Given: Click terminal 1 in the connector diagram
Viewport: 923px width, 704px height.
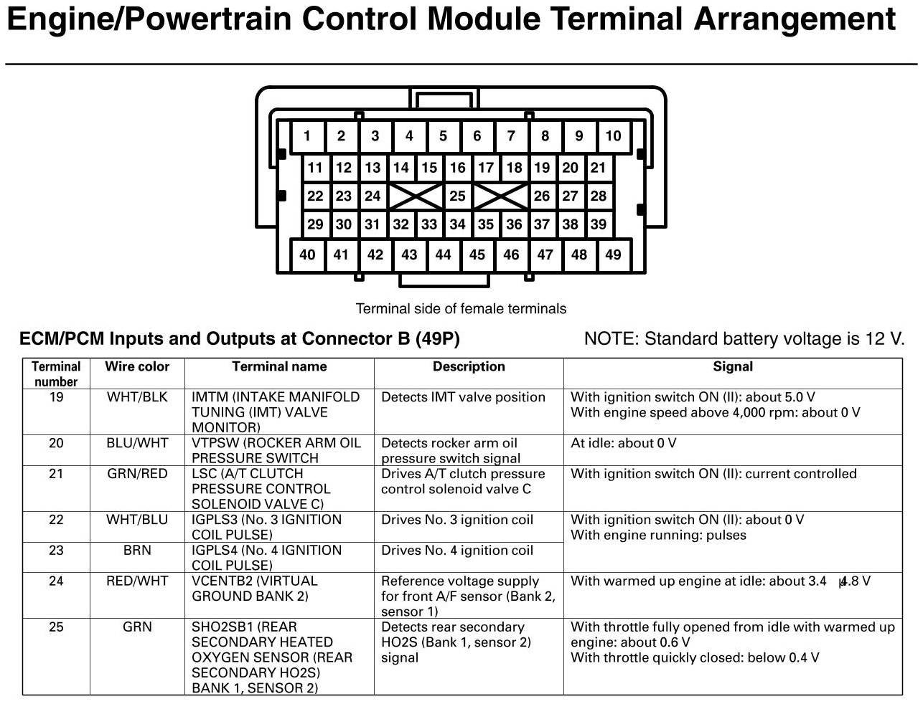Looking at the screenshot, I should click(x=307, y=136).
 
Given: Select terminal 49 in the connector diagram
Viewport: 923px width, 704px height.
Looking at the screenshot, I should click(x=613, y=255).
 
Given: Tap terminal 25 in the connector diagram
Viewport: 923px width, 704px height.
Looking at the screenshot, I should click(x=457, y=196).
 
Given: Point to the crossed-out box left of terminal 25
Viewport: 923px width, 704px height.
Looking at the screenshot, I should click(x=415, y=196).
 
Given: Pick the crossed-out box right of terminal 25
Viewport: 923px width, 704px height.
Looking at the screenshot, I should click(x=500, y=196).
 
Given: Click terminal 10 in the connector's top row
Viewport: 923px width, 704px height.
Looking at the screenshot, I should click(x=613, y=136).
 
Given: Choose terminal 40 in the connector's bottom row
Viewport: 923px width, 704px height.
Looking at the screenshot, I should click(x=307, y=255).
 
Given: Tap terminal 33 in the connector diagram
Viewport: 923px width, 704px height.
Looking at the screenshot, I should click(x=429, y=224).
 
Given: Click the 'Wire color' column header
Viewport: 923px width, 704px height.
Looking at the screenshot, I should click(x=137, y=367).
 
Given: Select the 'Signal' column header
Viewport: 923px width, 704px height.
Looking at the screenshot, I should click(x=732, y=367).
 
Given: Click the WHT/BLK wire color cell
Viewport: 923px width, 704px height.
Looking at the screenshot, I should click(x=137, y=397).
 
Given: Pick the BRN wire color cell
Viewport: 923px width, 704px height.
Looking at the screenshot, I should click(x=137, y=551).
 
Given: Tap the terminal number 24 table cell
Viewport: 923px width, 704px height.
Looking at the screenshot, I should click(x=56, y=581).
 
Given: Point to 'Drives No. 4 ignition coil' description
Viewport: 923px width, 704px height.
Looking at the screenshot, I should click(x=457, y=551).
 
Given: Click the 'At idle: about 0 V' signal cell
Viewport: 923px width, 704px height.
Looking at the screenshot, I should click(x=623, y=443).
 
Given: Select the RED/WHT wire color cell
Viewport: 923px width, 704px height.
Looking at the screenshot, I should click(x=137, y=581).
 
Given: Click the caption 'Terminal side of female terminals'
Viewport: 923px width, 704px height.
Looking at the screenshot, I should click(x=461, y=309).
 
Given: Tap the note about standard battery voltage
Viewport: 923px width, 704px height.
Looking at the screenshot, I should click(x=744, y=339).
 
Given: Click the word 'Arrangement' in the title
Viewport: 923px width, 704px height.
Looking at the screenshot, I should click(x=794, y=19).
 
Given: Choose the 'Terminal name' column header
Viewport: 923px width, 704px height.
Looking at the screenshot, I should click(x=279, y=367).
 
